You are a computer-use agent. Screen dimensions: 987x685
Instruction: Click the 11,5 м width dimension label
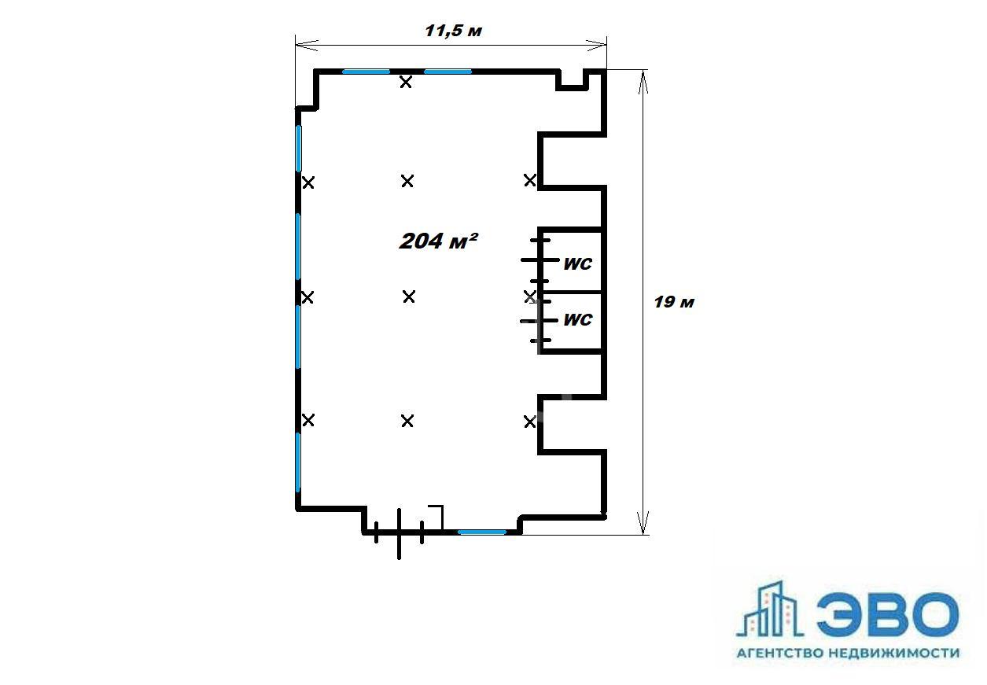pyautogui.click(x=453, y=31)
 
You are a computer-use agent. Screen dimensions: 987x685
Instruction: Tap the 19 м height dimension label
pyautogui.click(x=674, y=302)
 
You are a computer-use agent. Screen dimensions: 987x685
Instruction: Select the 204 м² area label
pyautogui.click(x=438, y=241)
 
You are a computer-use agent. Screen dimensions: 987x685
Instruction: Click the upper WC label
pyautogui.click(x=578, y=264)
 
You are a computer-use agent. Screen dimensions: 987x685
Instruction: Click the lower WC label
pyautogui.click(x=578, y=320)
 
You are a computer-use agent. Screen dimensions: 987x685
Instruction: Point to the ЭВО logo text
pyautogui.click(x=887, y=614)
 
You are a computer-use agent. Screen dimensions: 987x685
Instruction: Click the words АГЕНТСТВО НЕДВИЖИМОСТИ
pyautogui.click(x=848, y=653)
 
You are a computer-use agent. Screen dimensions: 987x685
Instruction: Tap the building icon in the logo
pyautogui.click(x=769, y=610)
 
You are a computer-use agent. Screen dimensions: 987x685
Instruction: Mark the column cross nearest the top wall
pyautogui.click(x=406, y=82)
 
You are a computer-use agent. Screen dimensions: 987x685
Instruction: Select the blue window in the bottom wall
pyautogui.click(x=482, y=532)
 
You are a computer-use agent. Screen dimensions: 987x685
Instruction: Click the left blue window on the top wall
pyautogui.click(x=366, y=72)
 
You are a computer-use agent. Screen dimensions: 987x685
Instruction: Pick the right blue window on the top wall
pyautogui.click(x=447, y=72)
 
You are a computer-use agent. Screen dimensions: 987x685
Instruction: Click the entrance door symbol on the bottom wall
pyautogui.click(x=400, y=533)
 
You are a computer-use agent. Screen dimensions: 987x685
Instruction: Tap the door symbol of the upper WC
pyautogui.click(x=540, y=260)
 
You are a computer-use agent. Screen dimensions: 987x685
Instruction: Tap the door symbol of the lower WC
pyautogui.click(x=540, y=321)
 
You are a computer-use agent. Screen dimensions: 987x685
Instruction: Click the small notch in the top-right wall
pyautogui.click(x=572, y=81)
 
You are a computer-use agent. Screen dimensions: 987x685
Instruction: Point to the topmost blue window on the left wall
pyautogui.click(x=299, y=148)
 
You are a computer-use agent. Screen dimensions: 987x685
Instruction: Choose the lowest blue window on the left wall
pyautogui.click(x=298, y=462)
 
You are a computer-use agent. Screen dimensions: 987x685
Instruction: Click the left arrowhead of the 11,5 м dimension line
pyautogui.click(x=307, y=45)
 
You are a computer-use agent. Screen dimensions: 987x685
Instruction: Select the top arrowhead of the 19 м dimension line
pyautogui.click(x=643, y=83)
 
